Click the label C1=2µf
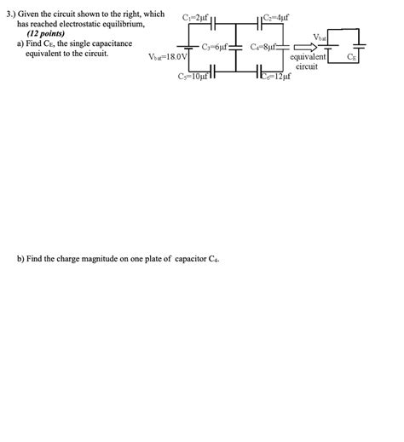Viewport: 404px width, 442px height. tap(196, 16)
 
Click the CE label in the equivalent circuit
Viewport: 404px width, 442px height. tap(353, 57)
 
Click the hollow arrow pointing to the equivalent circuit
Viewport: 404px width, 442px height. tap(301, 48)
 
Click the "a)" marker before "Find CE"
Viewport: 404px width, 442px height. tap(21, 44)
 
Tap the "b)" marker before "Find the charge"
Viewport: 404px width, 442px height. tap(21, 259)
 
